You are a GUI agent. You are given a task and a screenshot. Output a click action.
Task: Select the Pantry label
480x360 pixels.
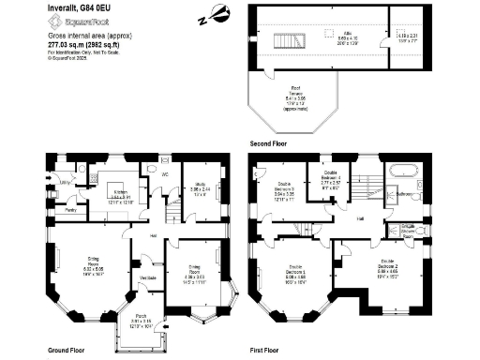point(69,211)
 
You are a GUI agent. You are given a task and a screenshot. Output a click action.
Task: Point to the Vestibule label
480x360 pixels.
point(148,277)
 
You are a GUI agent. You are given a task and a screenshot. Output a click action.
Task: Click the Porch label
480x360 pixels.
point(141,316)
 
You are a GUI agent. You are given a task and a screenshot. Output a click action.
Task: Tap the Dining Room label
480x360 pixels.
point(192,268)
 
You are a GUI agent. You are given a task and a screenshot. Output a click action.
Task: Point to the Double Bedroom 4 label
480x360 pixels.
point(330,175)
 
